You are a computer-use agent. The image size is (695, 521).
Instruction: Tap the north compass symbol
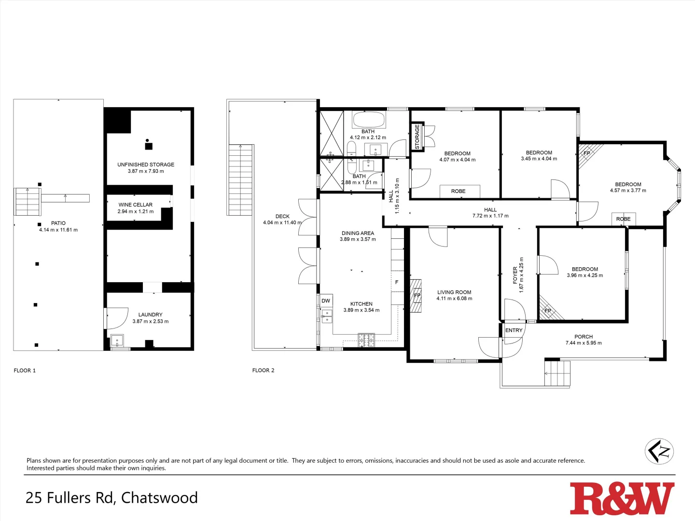659,452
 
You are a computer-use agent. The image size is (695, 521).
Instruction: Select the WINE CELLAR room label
136,205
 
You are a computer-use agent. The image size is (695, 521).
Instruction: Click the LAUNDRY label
150,315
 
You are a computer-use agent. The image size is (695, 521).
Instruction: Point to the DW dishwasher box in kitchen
326,301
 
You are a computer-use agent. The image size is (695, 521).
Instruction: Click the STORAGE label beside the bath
417,137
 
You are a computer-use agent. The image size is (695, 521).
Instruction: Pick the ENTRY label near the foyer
514,330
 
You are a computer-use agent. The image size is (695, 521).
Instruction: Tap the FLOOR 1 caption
25,370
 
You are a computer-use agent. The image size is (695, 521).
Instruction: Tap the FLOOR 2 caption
263,370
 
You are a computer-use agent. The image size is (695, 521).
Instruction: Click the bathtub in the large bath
368,119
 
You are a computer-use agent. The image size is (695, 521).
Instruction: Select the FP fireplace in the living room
417,295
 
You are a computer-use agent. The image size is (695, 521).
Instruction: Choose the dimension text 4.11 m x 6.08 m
454,299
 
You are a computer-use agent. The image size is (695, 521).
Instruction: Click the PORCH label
584,337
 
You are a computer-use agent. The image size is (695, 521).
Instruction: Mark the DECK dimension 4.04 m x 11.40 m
282,223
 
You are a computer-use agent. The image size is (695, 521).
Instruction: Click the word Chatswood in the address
159,497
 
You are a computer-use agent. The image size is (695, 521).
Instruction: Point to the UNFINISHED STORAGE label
146,165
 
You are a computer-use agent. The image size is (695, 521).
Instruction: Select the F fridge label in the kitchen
397,282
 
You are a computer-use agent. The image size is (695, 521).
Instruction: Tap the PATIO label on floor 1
58,223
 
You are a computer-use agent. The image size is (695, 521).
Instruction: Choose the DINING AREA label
358,233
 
